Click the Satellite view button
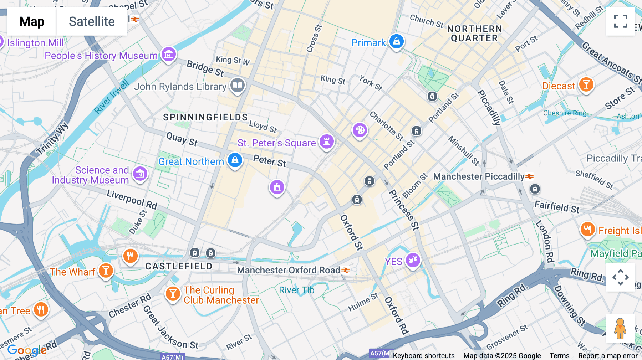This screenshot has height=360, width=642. point(92,22)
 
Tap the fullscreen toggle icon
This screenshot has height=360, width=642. point(620,21)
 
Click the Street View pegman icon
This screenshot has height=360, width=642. point(620,328)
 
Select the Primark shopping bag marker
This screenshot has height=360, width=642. point(396,42)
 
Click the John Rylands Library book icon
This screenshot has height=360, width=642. point(237,86)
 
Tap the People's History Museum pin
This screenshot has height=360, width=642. point(169,55)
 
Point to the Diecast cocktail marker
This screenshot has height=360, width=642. point(586,85)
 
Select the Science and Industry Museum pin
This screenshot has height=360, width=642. point(140,174)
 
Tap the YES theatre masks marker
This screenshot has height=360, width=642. point(413,260)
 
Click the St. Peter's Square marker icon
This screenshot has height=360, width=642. point(326,142)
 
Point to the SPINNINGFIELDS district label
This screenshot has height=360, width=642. point(205,117)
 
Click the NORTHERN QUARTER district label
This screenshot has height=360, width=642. point(474,34)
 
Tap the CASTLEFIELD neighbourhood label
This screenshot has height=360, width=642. point(179,266)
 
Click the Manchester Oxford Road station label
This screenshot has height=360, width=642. point(289,270)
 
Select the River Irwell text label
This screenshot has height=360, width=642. point(111,97)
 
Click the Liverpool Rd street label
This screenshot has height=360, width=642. point(132,199)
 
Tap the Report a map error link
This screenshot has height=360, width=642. point(608,356)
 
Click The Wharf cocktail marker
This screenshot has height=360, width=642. point(106,271)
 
